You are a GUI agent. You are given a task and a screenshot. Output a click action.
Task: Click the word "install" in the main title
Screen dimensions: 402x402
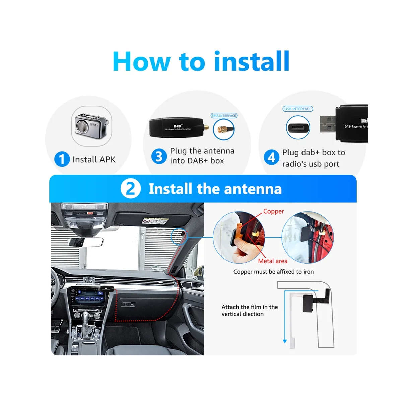(252, 61)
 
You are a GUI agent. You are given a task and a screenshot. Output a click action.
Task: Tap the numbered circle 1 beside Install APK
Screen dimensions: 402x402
(62, 159)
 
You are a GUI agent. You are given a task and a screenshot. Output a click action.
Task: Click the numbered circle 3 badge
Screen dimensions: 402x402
(158, 156)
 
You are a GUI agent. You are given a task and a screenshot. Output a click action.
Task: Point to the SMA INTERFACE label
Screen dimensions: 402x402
(224, 116)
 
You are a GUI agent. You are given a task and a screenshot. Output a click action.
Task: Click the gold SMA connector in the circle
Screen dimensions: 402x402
(221, 129)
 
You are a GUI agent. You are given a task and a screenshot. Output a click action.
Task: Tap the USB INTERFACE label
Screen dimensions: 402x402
(297, 109)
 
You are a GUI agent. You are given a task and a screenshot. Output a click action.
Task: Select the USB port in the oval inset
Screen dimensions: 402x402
(298, 128)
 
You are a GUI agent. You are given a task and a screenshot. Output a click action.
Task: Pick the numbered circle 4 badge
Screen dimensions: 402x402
(271, 158)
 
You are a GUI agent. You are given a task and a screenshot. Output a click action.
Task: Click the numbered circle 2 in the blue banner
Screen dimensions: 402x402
(130, 189)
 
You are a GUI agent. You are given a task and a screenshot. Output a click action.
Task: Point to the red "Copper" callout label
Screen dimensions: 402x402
(273, 211)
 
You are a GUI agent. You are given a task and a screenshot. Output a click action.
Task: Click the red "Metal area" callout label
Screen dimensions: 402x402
(272, 261)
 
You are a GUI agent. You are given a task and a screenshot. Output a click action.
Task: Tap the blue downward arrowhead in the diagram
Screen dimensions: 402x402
(285, 341)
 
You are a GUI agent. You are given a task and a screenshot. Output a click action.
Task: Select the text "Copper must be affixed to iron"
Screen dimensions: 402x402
(273, 272)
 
